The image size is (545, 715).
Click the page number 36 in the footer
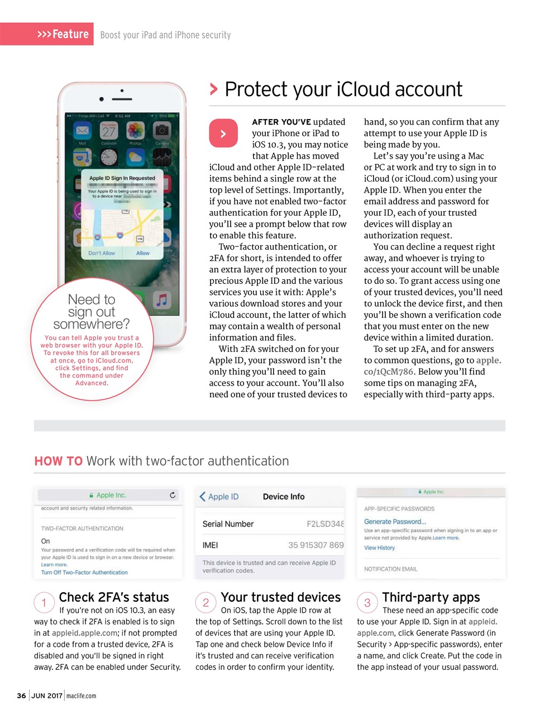(21, 695)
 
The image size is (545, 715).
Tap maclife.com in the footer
(81, 695)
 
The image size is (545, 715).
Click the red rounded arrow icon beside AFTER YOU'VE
(223, 134)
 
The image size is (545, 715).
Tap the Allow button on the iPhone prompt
(143, 253)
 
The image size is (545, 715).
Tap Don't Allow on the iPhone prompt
(102, 253)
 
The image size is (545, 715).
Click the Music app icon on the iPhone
(161, 301)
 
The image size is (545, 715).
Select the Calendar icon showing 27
(109, 131)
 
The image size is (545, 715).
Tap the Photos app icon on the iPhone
(135, 131)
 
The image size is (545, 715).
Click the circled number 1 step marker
(44, 603)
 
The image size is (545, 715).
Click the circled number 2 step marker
(205, 603)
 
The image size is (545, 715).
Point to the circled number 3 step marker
(367, 603)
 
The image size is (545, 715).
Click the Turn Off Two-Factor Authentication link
(84, 573)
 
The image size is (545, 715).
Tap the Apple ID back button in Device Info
(219, 497)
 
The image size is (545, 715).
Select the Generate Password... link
(395, 522)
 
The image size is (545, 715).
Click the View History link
(379, 548)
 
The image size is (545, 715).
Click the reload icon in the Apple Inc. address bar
(173, 495)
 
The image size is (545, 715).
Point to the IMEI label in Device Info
(210, 545)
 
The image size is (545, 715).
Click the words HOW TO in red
(58, 461)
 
